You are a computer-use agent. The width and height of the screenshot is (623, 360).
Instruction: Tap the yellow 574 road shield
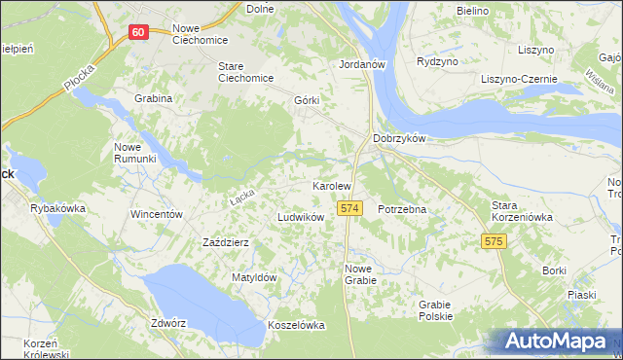tap(350, 208)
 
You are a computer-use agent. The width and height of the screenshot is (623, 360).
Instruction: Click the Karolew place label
tap(331, 185)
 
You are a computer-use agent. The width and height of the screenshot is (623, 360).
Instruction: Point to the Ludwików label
tap(301, 217)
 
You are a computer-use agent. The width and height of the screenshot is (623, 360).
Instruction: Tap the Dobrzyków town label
tap(399, 138)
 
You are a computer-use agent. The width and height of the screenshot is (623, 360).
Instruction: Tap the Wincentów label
tap(157, 213)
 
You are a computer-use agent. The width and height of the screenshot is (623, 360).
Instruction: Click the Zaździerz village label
tap(227, 242)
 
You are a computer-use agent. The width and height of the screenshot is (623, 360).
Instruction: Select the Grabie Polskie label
tap(435, 309)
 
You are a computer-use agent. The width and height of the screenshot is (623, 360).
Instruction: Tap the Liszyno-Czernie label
tap(512, 79)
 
